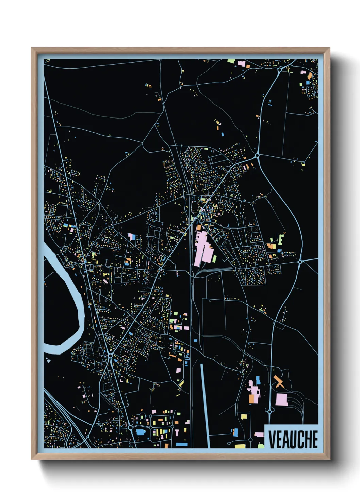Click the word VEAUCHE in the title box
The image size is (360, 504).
coord(293,439)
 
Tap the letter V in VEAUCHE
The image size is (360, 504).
coord(272,439)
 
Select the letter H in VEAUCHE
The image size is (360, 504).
coord(307,439)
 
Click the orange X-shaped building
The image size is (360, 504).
coord(279,382)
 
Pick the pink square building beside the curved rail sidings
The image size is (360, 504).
coord(281,399)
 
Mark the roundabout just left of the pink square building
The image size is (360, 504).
coord(270,411)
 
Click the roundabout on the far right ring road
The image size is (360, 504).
coord(300,262)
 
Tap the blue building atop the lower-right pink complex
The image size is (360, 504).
coord(258,380)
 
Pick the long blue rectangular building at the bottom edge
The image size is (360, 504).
coord(181,444)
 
